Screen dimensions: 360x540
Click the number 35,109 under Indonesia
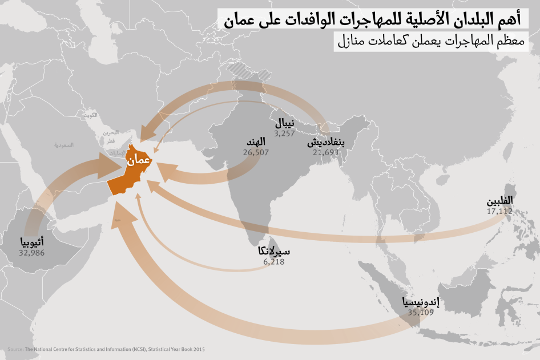coord(421,313)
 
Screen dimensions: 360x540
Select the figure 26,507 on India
coord(255,152)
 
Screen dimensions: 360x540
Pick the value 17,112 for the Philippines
coord(499,211)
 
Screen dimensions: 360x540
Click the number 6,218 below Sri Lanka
coord(274,262)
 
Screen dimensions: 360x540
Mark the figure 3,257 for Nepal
coord(284,134)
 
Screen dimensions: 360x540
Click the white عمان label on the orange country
coord(138,161)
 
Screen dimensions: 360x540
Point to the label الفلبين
coord(499,201)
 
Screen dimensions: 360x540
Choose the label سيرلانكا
coord(274,252)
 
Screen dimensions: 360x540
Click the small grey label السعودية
coord(65,145)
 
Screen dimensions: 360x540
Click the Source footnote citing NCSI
coord(106,349)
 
